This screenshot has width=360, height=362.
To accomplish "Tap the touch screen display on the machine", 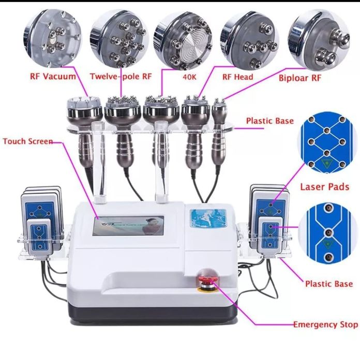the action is (128, 226).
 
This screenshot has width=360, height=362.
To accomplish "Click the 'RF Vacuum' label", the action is (53, 77).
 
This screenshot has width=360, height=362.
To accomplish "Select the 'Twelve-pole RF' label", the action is (121, 76).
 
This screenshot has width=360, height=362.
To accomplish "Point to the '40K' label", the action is (190, 77).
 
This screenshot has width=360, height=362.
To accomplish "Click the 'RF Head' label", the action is (237, 77).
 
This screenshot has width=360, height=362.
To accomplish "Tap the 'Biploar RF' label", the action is (300, 78).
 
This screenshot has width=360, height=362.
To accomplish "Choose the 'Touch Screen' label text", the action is (28, 141).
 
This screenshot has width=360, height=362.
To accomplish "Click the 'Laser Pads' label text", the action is (325, 187).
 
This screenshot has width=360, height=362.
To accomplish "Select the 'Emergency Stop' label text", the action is (326, 325).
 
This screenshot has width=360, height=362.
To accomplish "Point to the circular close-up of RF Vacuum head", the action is (53, 37).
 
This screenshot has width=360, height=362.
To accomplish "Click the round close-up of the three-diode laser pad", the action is (325, 233).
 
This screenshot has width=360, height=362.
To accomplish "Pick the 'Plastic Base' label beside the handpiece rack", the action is (270, 121).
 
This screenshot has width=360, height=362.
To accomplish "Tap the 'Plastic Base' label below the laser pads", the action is (329, 284).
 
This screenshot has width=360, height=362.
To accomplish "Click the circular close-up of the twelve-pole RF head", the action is (119, 38).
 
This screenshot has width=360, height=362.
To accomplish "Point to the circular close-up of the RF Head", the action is (250, 40).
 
